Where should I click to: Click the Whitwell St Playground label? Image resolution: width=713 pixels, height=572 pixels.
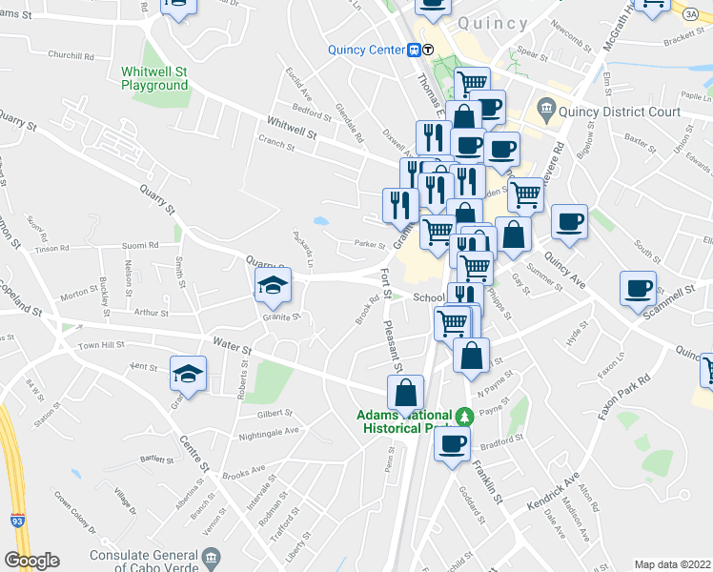coord(155,78)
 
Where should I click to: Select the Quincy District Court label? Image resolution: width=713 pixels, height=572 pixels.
coord(619,112)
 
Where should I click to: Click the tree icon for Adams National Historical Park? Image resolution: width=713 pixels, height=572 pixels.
coord(465,416)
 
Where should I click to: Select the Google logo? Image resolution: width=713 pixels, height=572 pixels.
coord(31,561)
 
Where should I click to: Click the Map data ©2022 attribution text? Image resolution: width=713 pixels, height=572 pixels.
coord(673,564)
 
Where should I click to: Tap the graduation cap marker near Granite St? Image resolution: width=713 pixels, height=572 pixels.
coord(272,284)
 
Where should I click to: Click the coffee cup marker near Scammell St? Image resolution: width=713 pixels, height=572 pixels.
coord(638,287)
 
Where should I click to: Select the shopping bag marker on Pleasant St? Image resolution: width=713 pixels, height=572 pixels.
coord(405,392)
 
